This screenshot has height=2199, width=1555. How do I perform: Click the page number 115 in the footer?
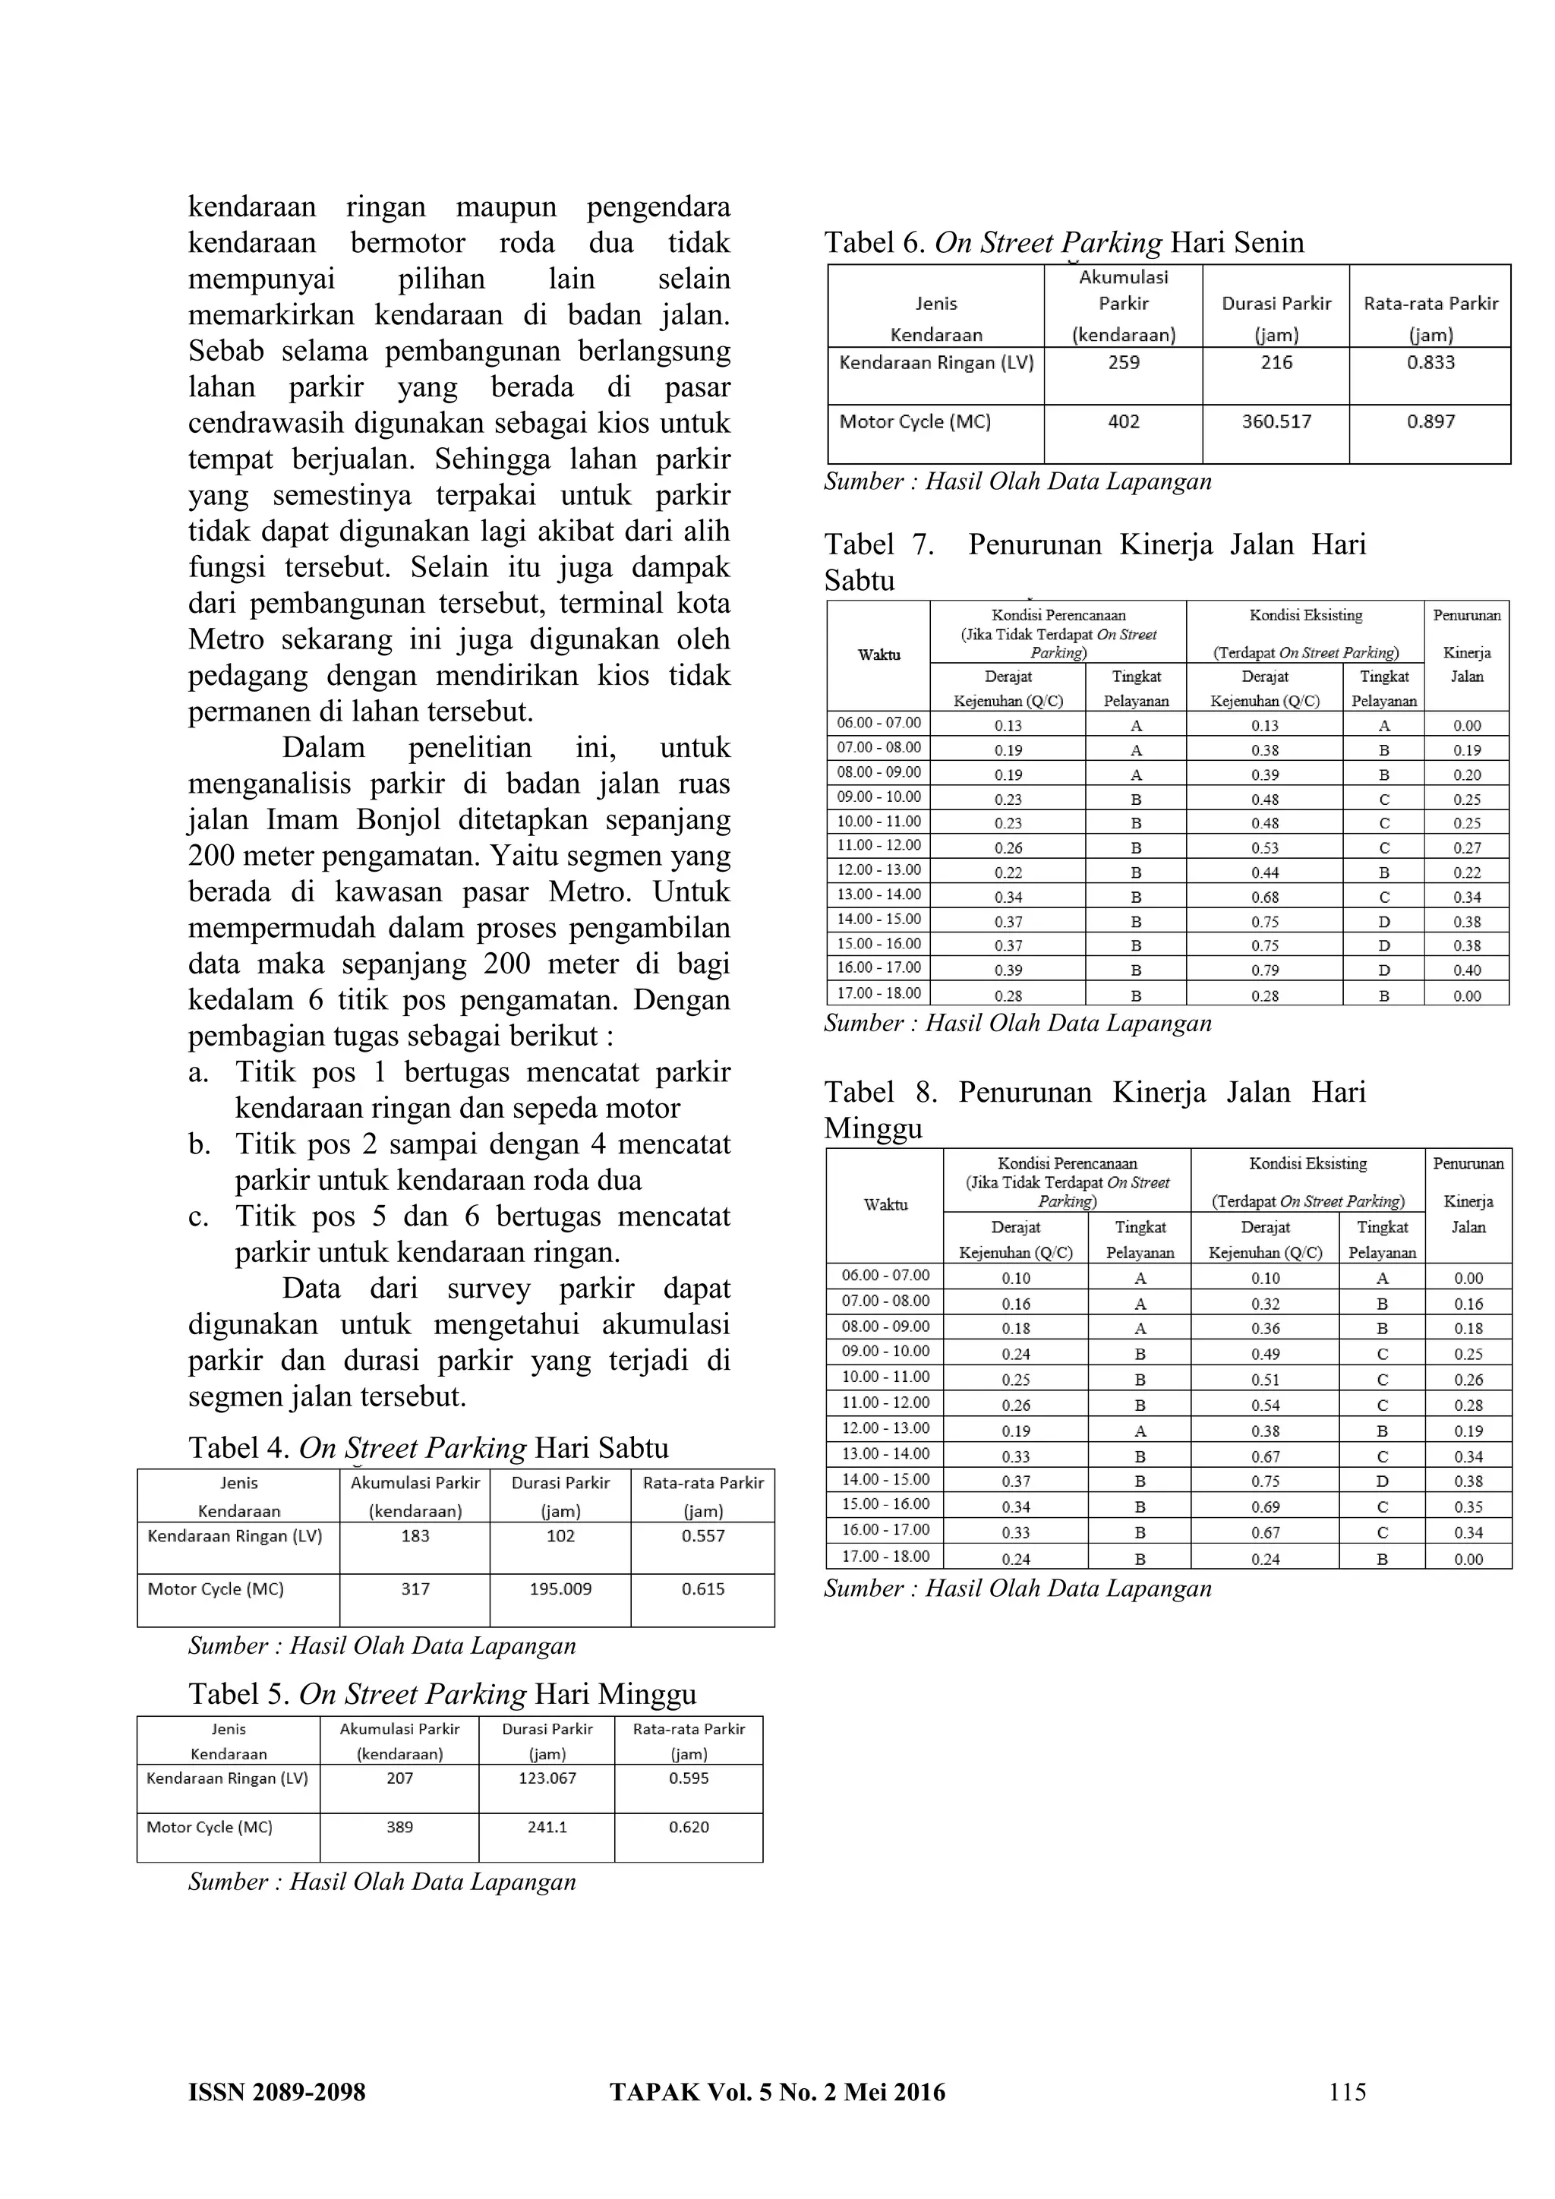click(1347, 2092)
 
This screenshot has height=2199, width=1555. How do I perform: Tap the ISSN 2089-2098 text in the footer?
click(276, 2093)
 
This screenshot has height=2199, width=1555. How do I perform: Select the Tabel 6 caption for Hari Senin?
click(1064, 242)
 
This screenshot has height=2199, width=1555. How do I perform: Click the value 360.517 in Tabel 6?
click(1276, 421)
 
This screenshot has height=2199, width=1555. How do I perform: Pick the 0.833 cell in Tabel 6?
click(1430, 363)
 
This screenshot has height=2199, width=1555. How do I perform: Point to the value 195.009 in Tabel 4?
click(560, 1589)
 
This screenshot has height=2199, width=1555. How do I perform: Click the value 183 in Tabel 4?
click(415, 1536)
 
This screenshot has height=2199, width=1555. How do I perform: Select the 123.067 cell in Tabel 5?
click(547, 1778)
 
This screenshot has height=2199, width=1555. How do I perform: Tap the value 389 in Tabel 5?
click(399, 1828)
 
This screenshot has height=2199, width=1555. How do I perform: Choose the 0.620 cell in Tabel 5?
click(689, 1828)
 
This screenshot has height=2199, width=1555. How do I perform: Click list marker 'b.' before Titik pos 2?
click(199, 1144)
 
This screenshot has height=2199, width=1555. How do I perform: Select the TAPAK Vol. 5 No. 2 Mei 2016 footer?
click(777, 2093)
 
